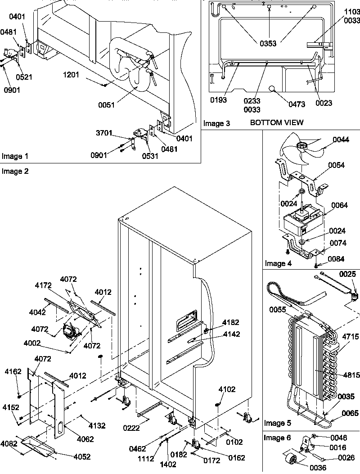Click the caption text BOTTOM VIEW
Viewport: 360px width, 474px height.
277,122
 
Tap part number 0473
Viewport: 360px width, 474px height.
296,104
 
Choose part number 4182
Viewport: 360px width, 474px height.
230,322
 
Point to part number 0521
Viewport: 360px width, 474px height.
26,77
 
